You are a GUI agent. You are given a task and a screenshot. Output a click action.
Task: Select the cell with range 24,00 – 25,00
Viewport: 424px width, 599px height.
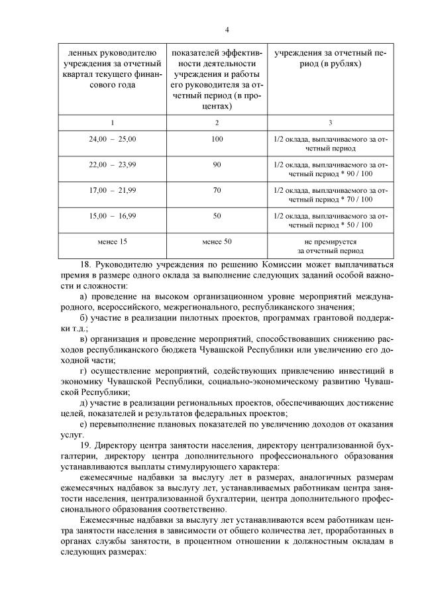[x=112, y=140]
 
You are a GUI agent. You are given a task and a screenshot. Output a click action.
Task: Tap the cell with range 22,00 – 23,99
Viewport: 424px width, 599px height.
[x=112, y=165]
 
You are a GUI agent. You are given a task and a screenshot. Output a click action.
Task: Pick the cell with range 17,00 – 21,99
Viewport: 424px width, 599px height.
[x=112, y=191]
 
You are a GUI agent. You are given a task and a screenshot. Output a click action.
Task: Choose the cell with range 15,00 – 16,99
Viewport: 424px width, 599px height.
[x=112, y=217]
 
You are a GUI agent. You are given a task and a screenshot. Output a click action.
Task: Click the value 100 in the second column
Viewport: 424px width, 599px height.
[x=217, y=140]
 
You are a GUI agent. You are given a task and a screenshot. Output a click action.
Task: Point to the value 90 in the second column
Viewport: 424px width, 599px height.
[x=217, y=165]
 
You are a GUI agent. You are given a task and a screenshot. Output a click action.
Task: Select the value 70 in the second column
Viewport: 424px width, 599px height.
[x=217, y=191]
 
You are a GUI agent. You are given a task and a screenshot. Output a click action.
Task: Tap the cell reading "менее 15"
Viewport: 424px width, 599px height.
[x=112, y=242]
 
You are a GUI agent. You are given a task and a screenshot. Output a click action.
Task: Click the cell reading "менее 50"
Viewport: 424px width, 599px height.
[x=217, y=242]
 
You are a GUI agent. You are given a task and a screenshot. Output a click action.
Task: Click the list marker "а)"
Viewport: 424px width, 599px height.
[x=83, y=296]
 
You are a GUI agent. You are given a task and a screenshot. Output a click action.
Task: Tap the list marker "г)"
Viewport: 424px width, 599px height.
[x=83, y=368]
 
